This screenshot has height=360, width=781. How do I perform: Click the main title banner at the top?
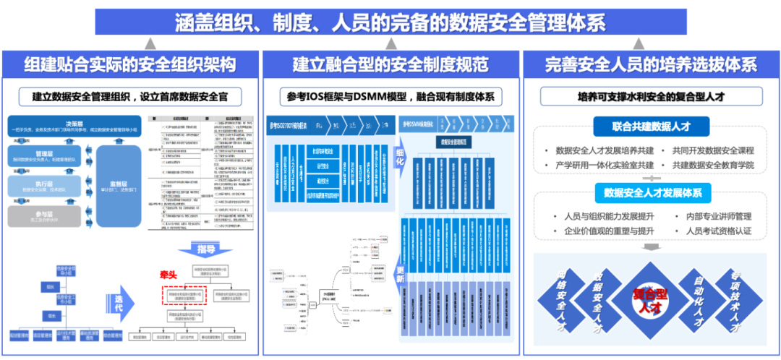point(390,22)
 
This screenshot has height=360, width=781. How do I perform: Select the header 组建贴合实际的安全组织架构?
point(130,65)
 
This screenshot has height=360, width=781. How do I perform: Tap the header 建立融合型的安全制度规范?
point(390,65)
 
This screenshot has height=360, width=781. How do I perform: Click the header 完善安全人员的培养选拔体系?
point(651,65)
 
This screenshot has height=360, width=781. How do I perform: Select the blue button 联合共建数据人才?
point(651,127)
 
